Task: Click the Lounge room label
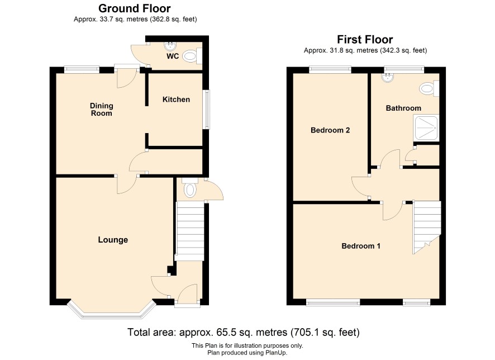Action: click(113, 240)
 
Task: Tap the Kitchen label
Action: click(176, 100)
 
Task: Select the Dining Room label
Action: click(101, 110)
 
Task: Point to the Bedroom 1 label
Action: click(361, 246)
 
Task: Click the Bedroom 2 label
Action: click(330, 130)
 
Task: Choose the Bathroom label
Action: click(403, 108)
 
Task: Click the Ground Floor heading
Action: click(135, 8)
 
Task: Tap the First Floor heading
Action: click(365, 40)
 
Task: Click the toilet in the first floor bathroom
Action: click(429, 88)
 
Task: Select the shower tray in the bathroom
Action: click(426, 128)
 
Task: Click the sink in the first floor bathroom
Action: click(387, 78)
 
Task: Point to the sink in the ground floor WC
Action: click(170, 46)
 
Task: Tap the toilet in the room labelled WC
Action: click(192, 56)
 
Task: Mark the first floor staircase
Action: click(427, 228)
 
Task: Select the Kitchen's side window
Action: click(206, 110)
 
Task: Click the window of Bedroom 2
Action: click(330, 69)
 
